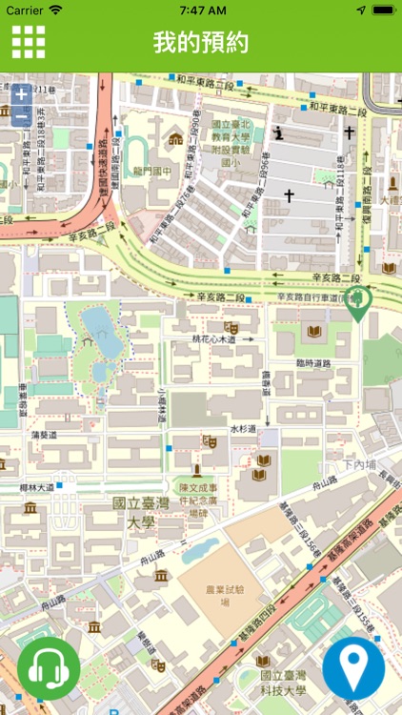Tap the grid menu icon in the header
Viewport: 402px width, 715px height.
[28, 43]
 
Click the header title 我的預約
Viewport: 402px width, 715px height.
[201, 43]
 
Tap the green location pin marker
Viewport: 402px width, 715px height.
[357, 302]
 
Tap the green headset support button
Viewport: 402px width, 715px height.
[49, 669]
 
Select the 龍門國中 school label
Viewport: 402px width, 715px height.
[152, 172]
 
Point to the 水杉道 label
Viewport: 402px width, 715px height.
[244, 430]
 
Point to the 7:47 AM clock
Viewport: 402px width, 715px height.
[201, 9]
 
